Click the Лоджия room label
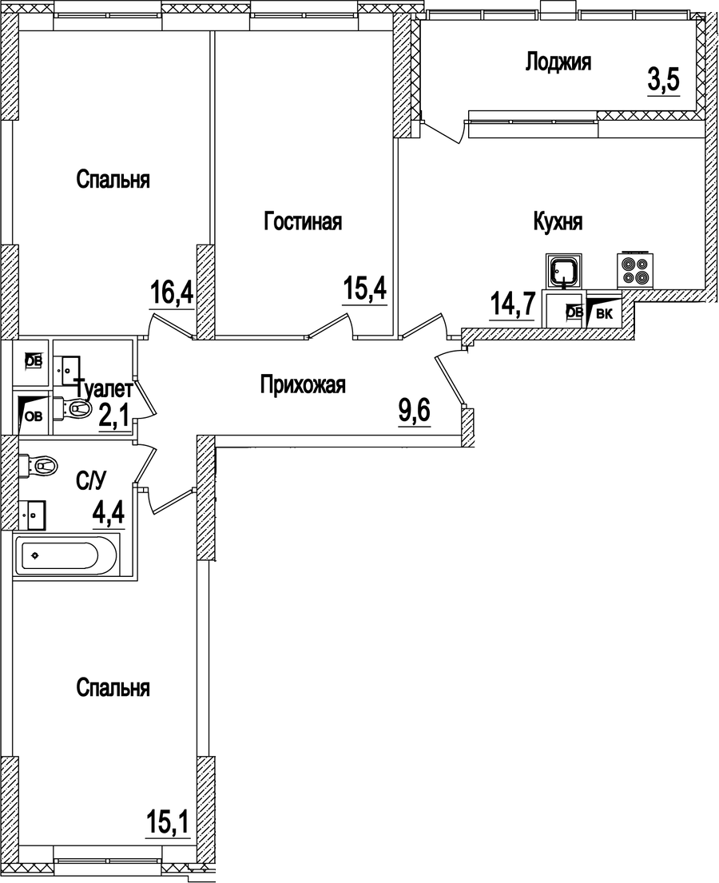558,62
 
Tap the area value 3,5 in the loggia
662,81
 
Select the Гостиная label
303,222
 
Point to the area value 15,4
365,288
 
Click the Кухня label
558,222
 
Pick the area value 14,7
511,305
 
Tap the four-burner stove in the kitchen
636,269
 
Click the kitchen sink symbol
565,270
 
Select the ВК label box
604,313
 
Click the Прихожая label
303,386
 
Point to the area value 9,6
414,412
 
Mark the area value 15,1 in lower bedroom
167,821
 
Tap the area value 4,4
109,514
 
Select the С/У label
90,480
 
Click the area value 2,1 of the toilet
114,416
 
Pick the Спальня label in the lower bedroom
113,687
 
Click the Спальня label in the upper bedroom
113,180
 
